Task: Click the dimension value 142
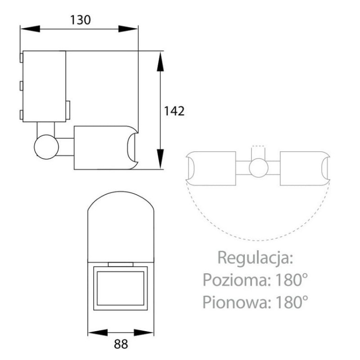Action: click(174, 111)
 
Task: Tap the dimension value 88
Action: click(121, 345)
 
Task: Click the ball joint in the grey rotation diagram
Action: click(258, 168)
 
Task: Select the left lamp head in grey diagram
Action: click(211, 168)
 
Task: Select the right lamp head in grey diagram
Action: click(304, 168)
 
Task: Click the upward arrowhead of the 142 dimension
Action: click(160, 60)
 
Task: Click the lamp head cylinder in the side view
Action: click(103, 147)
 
